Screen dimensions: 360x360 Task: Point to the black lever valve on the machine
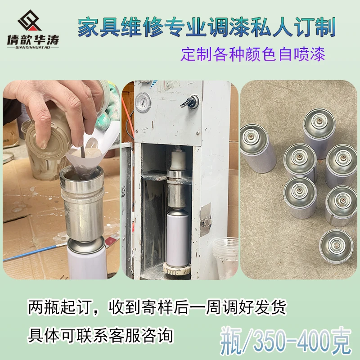tap(189, 101)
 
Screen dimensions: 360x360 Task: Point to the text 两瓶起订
tap(58, 308)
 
